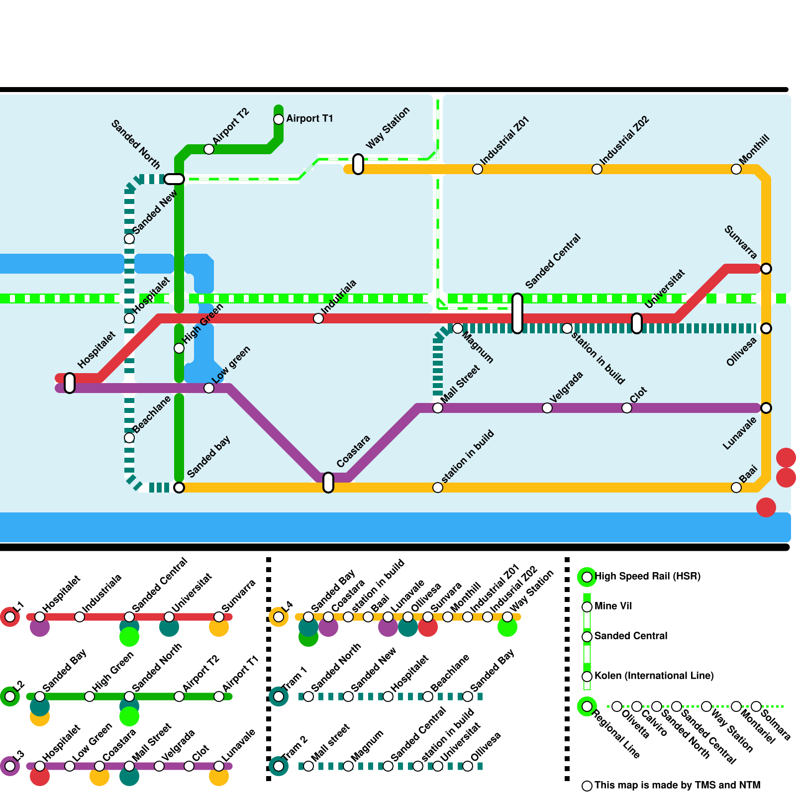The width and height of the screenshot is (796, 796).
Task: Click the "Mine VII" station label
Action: click(613, 606)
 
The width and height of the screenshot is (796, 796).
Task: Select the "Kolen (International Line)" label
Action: click(654, 676)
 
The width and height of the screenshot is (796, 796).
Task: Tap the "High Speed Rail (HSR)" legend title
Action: click(647, 576)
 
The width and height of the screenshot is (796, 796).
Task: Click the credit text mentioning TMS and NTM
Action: click(677, 785)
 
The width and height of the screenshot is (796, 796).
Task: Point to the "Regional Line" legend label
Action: click(616, 734)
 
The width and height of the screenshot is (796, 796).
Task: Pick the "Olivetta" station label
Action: click(635, 724)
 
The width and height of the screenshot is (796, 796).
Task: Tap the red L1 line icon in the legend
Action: click(10, 617)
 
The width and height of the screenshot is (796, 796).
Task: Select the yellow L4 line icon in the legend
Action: click(279, 617)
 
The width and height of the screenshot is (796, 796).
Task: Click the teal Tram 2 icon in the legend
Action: click(279, 766)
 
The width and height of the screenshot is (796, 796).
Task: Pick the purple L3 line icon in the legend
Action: click(10, 766)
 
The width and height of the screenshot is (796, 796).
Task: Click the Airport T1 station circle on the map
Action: click(279, 119)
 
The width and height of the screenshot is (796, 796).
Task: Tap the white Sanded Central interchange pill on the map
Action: click(517, 313)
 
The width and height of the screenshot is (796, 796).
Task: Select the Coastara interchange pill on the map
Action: click(328, 483)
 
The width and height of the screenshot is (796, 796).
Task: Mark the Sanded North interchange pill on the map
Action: click(174, 179)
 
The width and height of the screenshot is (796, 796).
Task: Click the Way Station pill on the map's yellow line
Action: click(358, 164)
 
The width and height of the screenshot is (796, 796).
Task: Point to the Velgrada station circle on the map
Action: click(547, 408)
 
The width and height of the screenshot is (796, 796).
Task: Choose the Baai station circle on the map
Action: click(736, 488)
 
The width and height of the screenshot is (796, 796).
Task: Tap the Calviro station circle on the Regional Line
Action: click(637, 706)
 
